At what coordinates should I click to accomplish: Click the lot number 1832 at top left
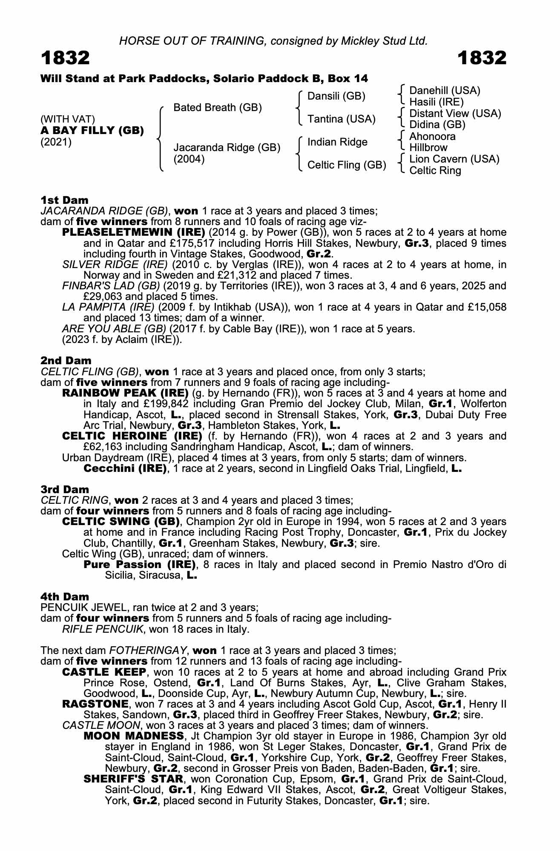(x=65, y=58)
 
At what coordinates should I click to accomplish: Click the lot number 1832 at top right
(x=482, y=58)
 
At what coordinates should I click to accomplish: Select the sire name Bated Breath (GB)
(x=218, y=108)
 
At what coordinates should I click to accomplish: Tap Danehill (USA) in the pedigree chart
(x=445, y=91)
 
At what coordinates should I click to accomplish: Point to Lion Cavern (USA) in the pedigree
(x=454, y=159)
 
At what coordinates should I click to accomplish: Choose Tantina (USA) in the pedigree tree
(x=342, y=119)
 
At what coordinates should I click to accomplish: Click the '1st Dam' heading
(x=64, y=200)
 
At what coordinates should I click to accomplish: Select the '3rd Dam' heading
(x=65, y=489)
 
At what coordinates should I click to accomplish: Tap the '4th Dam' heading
(x=65, y=597)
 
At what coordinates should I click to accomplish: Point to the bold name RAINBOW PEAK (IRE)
(x=125, y=393)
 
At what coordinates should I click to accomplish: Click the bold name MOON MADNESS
(x=134, y=736)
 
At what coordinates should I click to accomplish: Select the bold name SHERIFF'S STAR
(x=133, y=779)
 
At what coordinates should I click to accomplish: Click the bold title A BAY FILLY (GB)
(x=92, y=131)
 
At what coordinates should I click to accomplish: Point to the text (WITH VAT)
(x=68, y=119)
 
